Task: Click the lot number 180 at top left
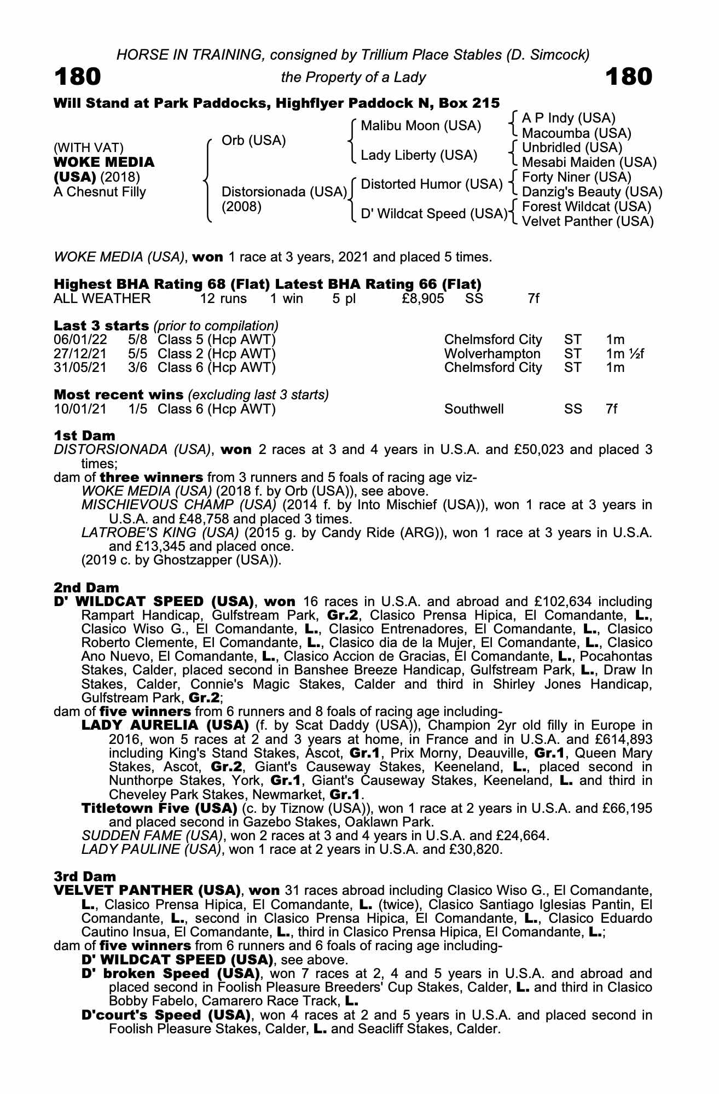[x=77, y=77]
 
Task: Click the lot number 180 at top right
[x=629, y=77]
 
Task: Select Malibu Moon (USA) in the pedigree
[x=421, y=126]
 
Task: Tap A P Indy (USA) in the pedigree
[x=569, y=118]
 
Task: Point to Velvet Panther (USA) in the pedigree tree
[x=588, y=222]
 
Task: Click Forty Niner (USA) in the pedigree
[x=577, y=177]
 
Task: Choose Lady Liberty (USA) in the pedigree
[x=419, y=155]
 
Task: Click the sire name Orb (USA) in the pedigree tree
[x=253, y=141]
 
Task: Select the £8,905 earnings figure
[x=422, y=299]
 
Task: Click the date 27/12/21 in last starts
[x=80, y=354]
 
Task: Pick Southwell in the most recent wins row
[x=474, y=409]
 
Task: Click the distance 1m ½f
[x=625, y=354]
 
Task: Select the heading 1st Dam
[x=85, y=436]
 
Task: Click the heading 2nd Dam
[x=86, y=588]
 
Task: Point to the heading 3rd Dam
[x=85, y=877]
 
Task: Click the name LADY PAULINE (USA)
[x=152, y=850]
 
